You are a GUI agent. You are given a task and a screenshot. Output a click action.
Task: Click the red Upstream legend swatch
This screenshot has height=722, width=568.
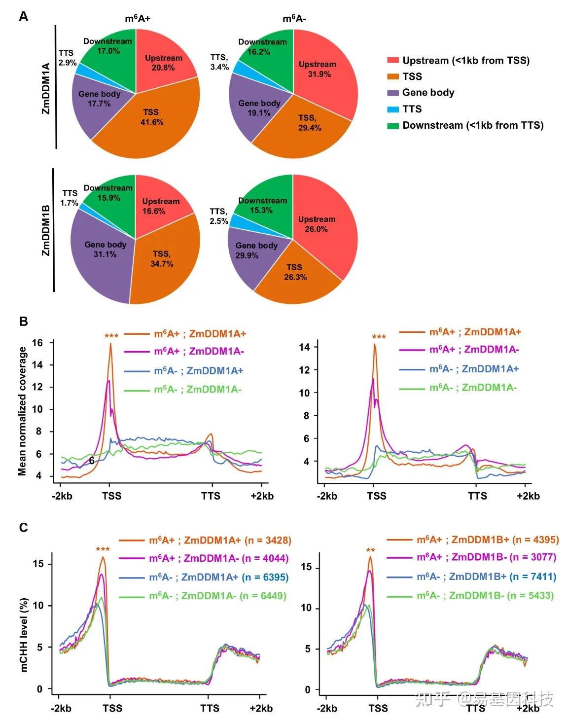click(392, 60)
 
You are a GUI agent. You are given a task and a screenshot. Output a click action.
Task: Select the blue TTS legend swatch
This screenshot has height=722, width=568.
click(392, 109)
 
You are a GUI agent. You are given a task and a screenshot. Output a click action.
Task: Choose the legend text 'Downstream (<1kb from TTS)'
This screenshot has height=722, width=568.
click(472, 125)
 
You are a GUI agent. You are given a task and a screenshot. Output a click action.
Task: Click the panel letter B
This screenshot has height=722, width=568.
click(23, 321)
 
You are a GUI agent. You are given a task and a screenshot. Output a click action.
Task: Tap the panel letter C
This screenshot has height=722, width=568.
click(23, 528)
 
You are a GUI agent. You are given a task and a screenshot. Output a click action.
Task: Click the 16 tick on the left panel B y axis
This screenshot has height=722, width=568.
click(37, 343)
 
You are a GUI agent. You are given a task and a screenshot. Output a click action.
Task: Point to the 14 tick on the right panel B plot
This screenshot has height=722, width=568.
click(304, 347)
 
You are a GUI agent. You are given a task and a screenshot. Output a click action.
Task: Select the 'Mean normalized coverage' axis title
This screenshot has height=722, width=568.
click(22, 411)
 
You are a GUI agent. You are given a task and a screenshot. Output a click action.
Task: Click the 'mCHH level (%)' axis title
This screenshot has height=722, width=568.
click(24, 635)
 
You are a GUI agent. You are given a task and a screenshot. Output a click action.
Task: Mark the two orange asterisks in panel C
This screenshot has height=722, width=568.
click(370, 550)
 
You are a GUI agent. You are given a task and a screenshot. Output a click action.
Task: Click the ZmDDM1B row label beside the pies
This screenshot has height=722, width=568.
click(46, 230)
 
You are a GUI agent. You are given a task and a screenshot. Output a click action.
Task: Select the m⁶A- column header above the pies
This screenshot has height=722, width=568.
click(294, 19)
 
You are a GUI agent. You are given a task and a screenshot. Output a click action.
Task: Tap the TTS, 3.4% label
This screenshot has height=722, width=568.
click(219, 62)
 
